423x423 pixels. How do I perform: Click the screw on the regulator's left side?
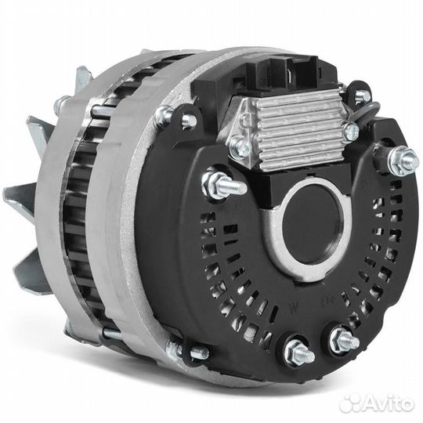click(x=239, y=145)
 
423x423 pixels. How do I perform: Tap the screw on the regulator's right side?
click(x=350, y=132)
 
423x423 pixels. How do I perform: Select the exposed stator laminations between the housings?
click(x=82, y=227)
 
